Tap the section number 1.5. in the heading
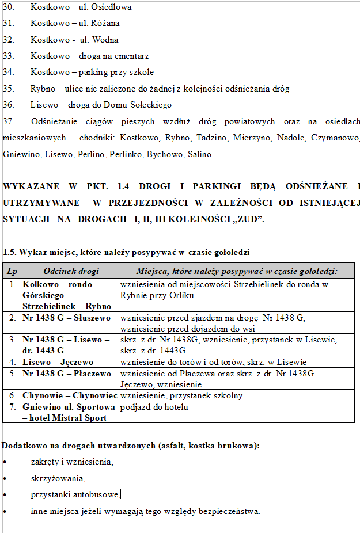[9, 252]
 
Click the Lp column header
[12, 271]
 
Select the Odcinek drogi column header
[71, 271]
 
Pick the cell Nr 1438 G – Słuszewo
[66, 317]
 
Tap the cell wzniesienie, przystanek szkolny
[181, 395]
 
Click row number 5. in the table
[12, 374]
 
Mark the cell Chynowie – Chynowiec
[70, 395]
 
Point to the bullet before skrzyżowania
[5, 478]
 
